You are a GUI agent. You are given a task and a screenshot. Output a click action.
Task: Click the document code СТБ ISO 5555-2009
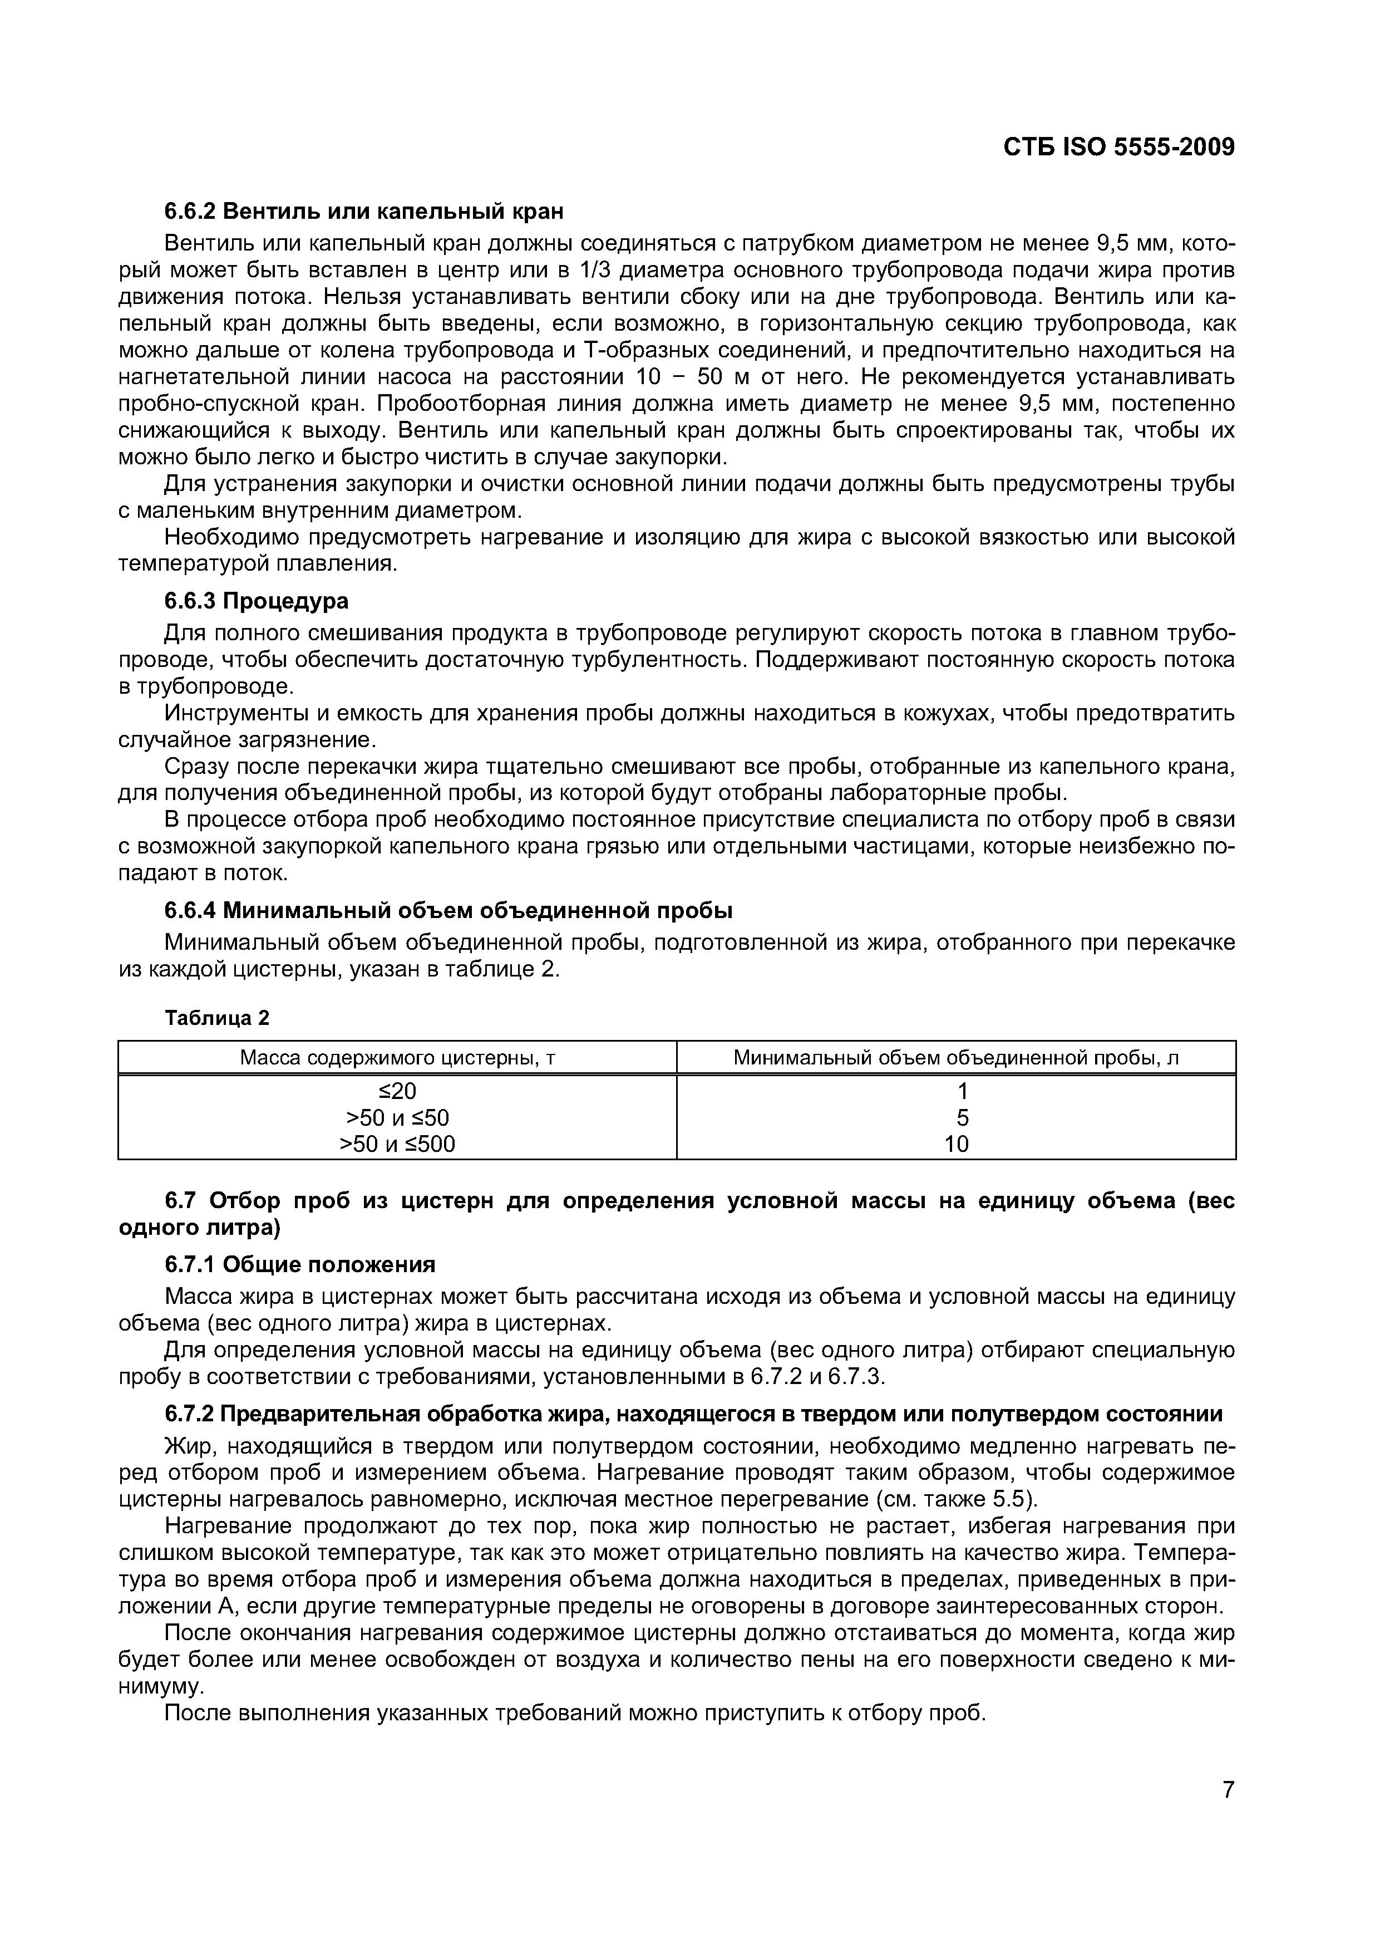(1118, 147)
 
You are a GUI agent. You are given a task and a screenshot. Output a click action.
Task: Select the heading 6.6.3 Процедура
(256, 601)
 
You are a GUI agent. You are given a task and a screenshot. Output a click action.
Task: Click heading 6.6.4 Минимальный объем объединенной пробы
(448, 910)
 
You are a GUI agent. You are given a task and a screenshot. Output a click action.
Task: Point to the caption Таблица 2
(217, 1018)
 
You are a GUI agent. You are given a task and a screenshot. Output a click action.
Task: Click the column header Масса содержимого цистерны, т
(397, 1057)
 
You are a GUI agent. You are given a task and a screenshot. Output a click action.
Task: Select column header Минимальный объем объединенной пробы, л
(956, 1057)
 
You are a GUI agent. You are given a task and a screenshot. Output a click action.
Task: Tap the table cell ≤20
(397, 1091)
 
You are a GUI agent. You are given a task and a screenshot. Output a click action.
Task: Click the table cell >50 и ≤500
(397, 1144)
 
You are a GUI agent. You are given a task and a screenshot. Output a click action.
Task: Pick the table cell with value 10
(956, 1144)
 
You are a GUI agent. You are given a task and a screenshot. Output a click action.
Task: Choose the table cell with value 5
(956, 1118)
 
